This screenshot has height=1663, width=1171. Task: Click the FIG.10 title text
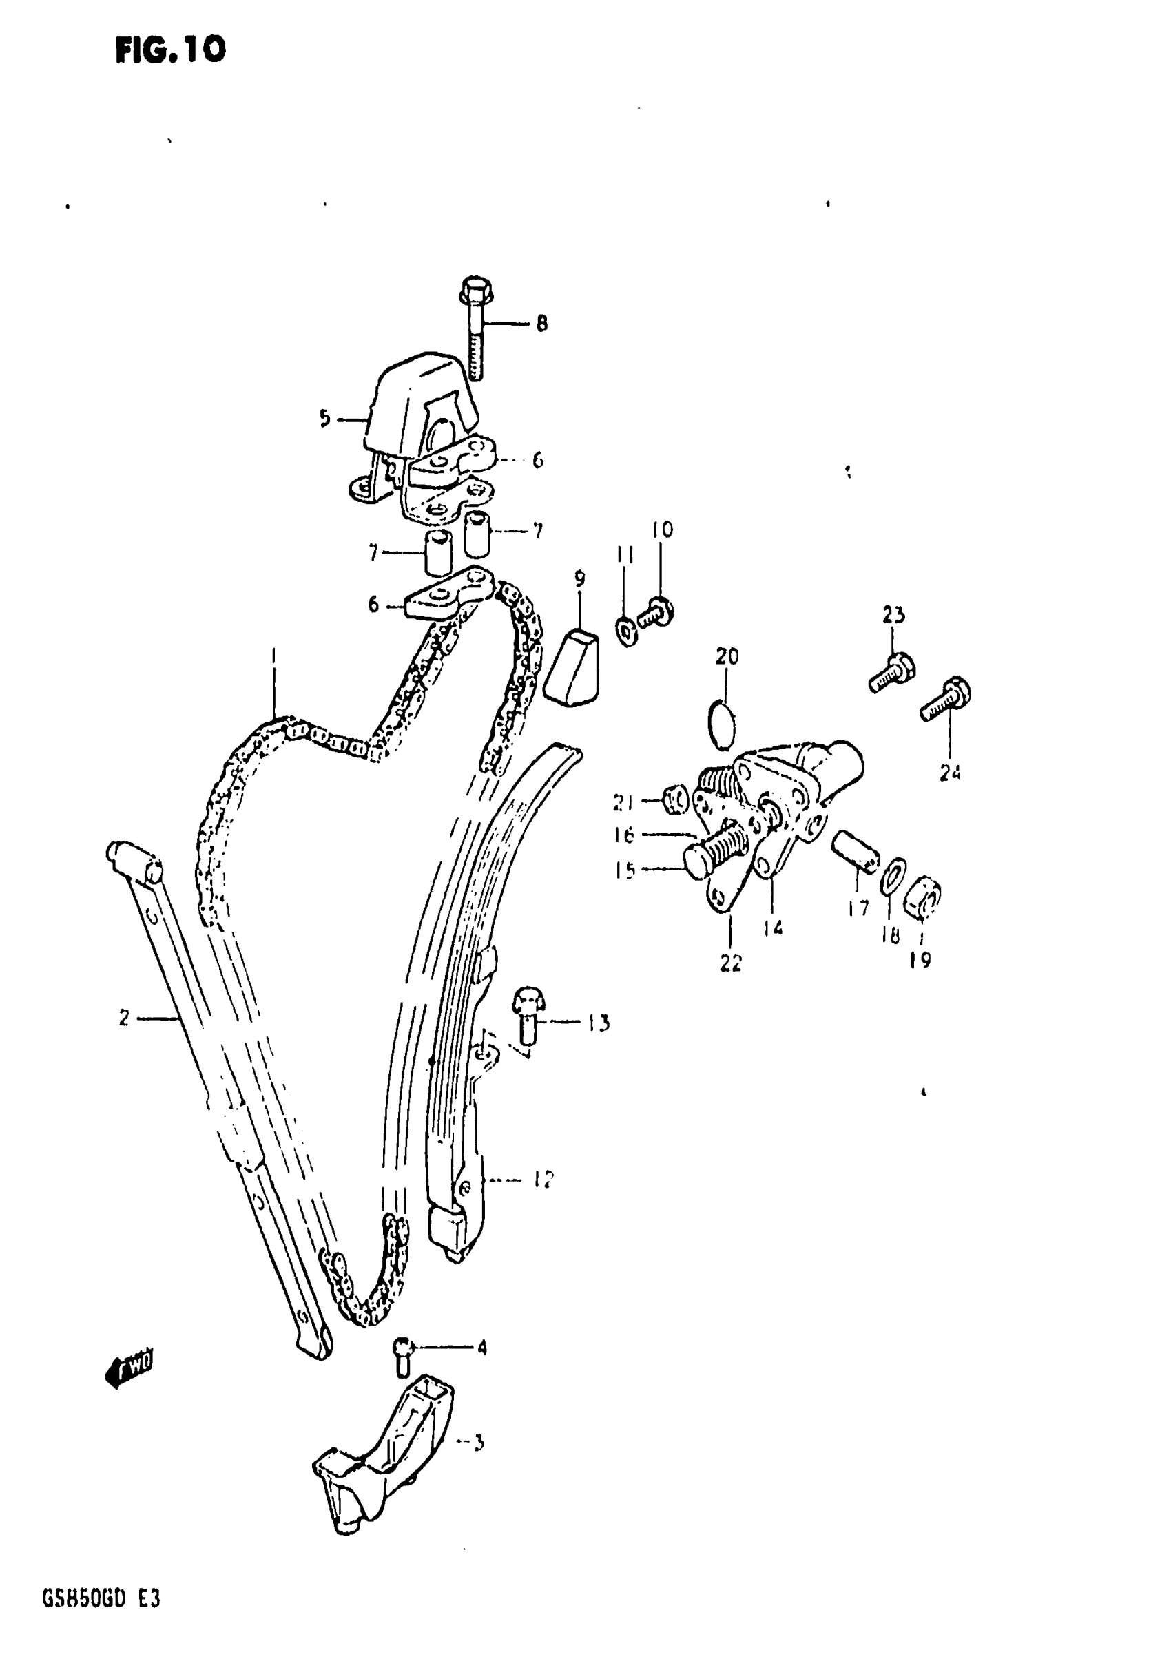(170, 50)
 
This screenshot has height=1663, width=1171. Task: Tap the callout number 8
(542, 323)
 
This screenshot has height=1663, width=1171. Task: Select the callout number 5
(324, 418)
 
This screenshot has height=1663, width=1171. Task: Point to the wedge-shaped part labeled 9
(573, 668)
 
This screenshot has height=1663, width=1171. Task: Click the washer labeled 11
(627, 629)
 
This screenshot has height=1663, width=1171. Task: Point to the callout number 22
(730, 963)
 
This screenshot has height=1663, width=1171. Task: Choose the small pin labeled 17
(856, 849)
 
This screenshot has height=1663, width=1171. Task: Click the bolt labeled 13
(528, 1015)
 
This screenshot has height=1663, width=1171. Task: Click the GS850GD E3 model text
(101, 1598)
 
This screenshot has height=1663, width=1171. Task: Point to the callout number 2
(124, 1018)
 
